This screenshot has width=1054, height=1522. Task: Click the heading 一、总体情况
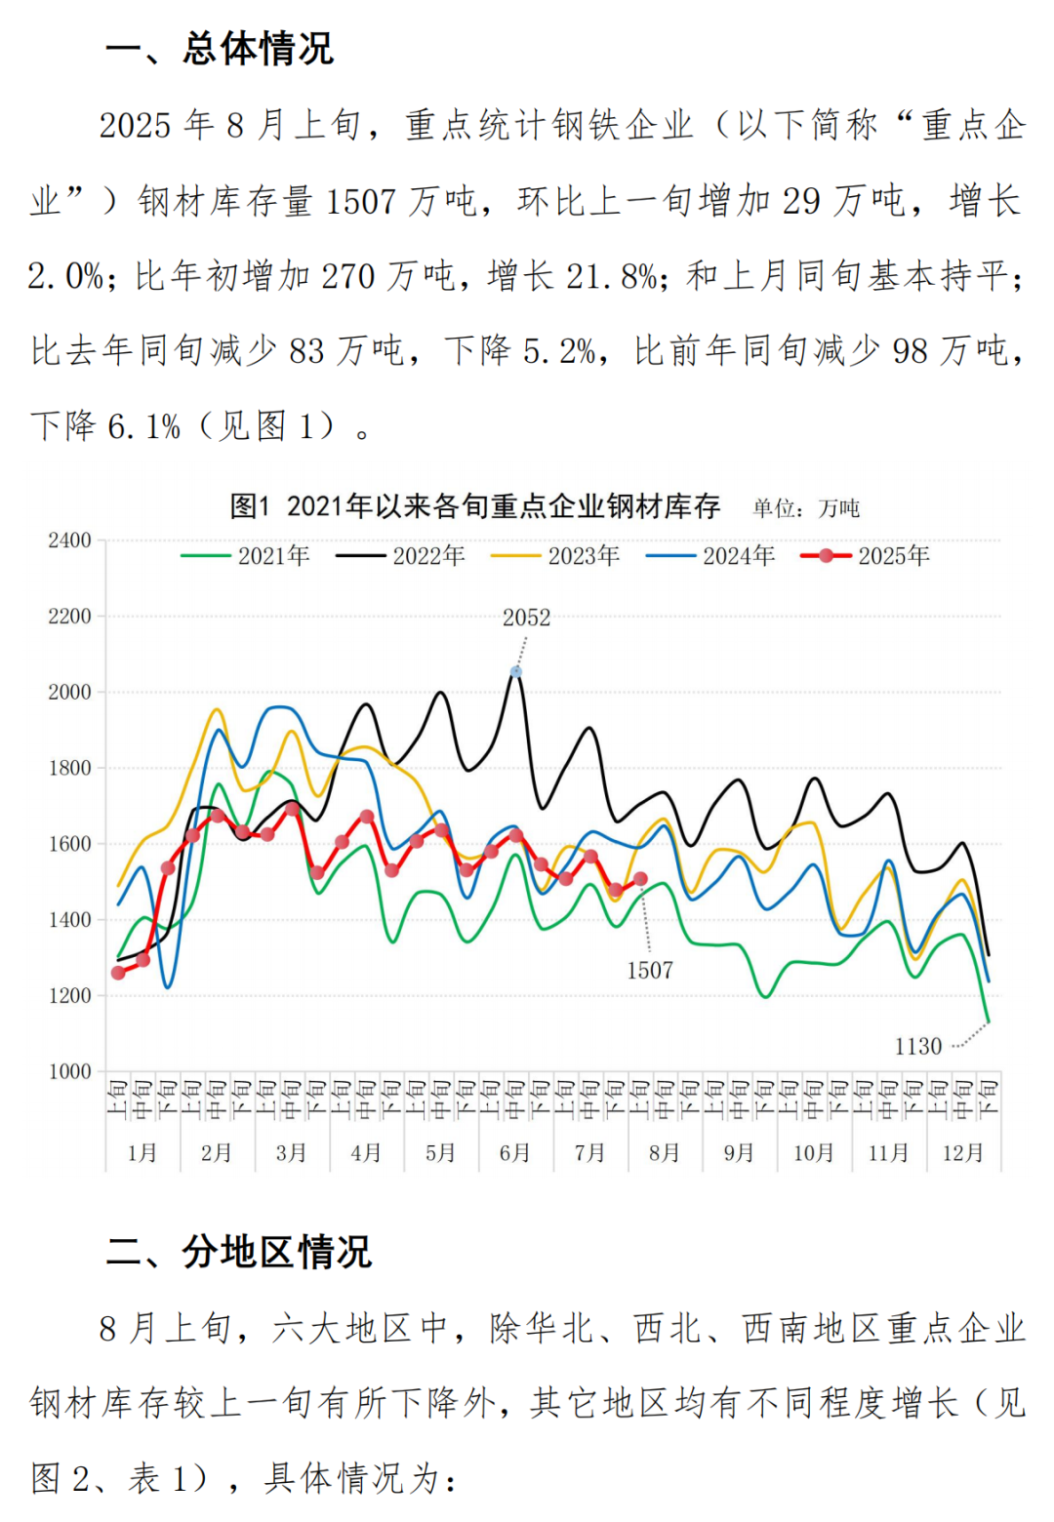[x=219, y=49]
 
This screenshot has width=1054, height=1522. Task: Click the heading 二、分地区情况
[x=238, y=1252]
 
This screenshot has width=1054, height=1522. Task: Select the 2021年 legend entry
[x=246, y=556]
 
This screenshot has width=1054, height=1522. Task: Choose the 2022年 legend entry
[x=401, y=556]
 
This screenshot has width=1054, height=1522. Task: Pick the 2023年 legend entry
[x=556, y=556]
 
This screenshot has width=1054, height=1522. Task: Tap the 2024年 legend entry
[x=711, y=556]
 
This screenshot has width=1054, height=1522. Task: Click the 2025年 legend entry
[x=866, y=556]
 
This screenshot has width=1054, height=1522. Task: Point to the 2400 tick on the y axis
[x=69, y=541]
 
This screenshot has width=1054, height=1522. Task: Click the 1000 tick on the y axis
[x=69, y=1071]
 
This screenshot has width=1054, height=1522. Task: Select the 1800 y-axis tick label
[x=69, y=768]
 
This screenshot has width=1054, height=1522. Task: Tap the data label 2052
[x=526, y=618]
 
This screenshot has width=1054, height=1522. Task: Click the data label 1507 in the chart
[x=650, y=970]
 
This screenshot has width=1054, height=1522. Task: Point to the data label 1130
[x=918, y=1047]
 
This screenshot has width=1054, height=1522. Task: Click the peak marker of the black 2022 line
[x=516, y=671]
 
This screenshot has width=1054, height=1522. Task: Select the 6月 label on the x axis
[x=514, y=1153]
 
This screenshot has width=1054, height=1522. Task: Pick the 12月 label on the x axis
[x=962, y=1153]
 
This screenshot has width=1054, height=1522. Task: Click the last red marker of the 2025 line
[x=640, y=879]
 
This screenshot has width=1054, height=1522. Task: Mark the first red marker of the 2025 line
[x=118, y=973]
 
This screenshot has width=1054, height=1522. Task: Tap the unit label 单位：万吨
[x=806, y=508]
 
